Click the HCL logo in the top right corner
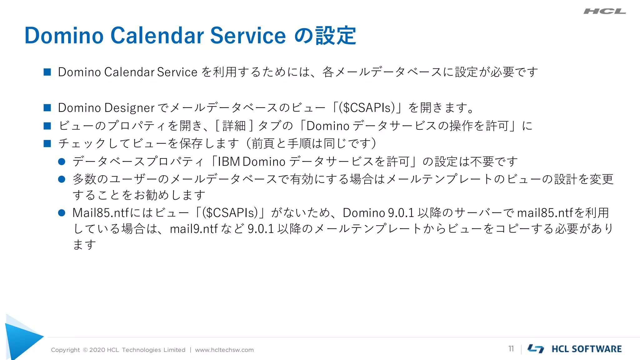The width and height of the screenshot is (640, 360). [604, 12]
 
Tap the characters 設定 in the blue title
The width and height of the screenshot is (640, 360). [336, 35]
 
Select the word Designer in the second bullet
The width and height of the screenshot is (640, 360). [129, 108]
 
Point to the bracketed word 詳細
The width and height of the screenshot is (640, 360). [234, 126]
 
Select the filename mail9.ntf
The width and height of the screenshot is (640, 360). [193, 229]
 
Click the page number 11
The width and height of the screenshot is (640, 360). [511, 349]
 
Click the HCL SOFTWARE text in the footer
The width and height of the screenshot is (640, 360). [587, 349]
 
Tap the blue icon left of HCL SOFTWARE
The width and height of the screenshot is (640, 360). [536, 349]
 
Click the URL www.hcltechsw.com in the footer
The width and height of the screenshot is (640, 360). [224, 350]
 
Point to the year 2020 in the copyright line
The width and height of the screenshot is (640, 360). [97, 350]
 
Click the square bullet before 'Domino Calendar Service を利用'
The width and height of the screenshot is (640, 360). [47, 72]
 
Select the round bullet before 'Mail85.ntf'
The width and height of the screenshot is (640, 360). [62, 213]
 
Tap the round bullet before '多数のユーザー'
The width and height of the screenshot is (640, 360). [62, 179]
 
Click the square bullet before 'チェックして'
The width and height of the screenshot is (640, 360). [47, 143]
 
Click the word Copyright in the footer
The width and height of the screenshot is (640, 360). [65, 350]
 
